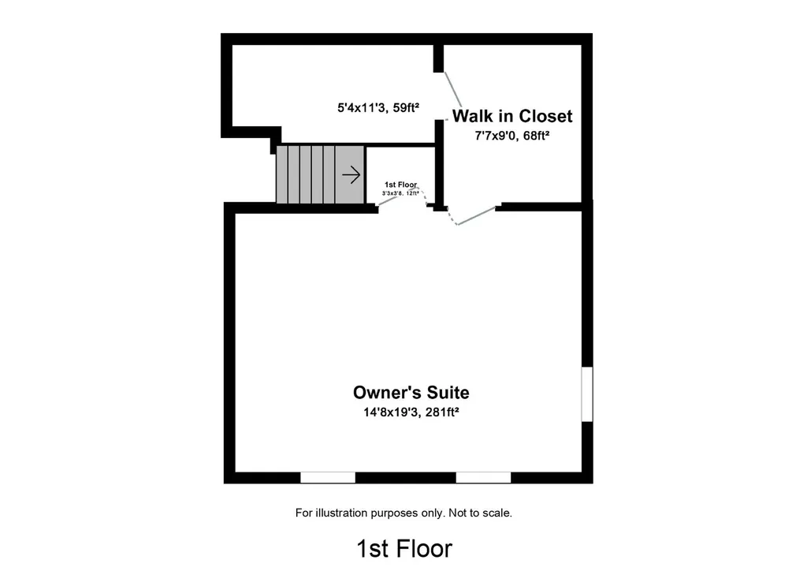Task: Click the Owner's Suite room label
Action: [411, 392]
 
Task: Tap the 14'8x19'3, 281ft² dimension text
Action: [411, 412]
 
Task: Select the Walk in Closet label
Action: [511, 117]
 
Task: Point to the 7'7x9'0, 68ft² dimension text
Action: [511, 136]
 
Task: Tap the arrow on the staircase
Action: [351, 174]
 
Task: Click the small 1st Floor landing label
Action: [400, 185]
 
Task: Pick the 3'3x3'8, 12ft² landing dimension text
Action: [400, 192]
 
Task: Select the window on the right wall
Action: [586, 394]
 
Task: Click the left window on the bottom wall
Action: [328, 477]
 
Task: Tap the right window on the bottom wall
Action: [483, 477]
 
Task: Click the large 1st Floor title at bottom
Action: [404, 547]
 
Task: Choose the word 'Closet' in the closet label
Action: [544, 117]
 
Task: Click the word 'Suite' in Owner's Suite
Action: [446, 392]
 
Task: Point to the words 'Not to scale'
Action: [480, 513]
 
